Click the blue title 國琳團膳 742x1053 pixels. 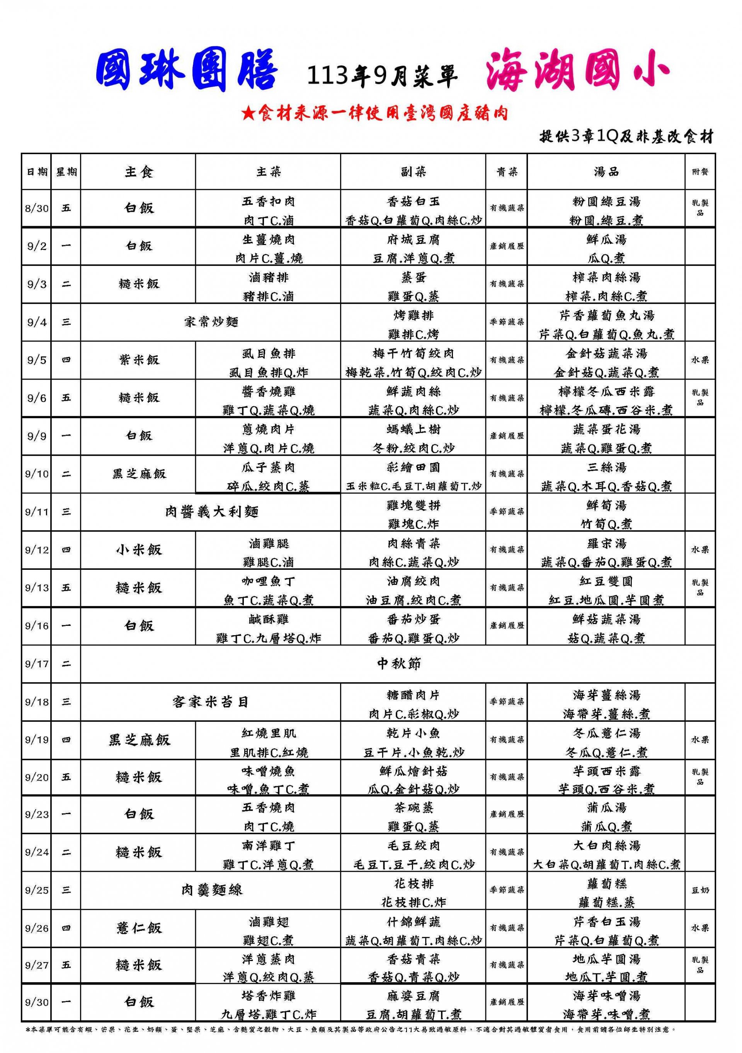point(187,72)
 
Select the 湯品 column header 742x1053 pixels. point(606,172)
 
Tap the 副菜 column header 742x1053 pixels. point(413,172)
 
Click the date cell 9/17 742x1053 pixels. point(36,664)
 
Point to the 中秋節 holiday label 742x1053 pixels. point(398,664)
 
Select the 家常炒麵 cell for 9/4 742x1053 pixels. point(211,322)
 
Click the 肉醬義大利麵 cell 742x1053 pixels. point(211,511)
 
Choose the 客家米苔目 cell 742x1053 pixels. point(211,702)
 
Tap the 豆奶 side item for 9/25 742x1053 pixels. point(700,890)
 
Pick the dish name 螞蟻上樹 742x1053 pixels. point(413,429)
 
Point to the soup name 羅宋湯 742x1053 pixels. point(606,544)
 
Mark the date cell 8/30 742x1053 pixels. point(36,208)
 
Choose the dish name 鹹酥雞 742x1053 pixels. point(268,619)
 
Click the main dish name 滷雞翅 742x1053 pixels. point(268,922)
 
